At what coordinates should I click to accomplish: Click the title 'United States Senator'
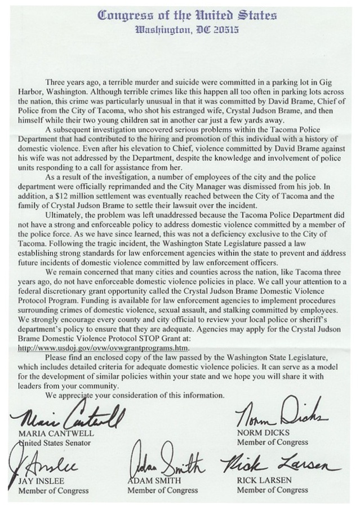click(x=53, y=444)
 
